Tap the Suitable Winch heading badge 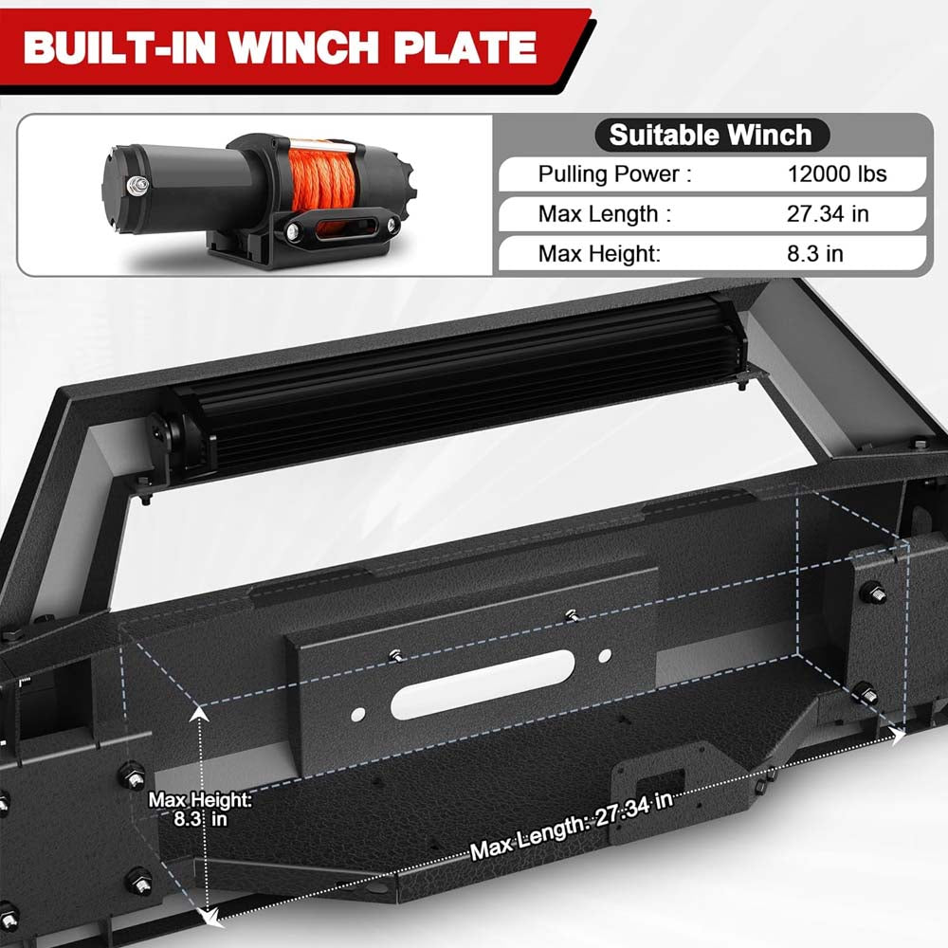coord(711,135)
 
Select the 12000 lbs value coord(836,173)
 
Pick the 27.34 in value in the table coord(827,213)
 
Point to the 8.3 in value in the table coord(814,253)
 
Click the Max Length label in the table coord(604,213)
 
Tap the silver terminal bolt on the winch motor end coord(139,184)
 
